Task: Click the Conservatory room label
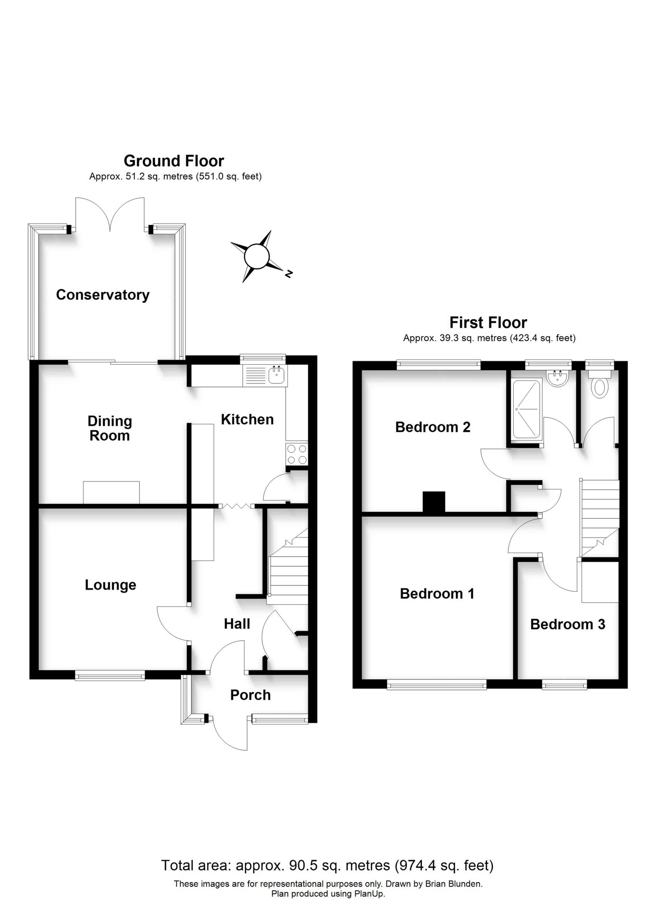tap(103, 295)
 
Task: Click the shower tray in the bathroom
tap(526, 409)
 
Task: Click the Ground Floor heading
tap(174, 161)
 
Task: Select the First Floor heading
tap(488, 323)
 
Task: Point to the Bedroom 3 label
tap(567, 624)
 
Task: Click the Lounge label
tap(111, 585)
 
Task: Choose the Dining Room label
tap(109, 428)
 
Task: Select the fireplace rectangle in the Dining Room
tap(112, 492)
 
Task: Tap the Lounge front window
tap(109, 675)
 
